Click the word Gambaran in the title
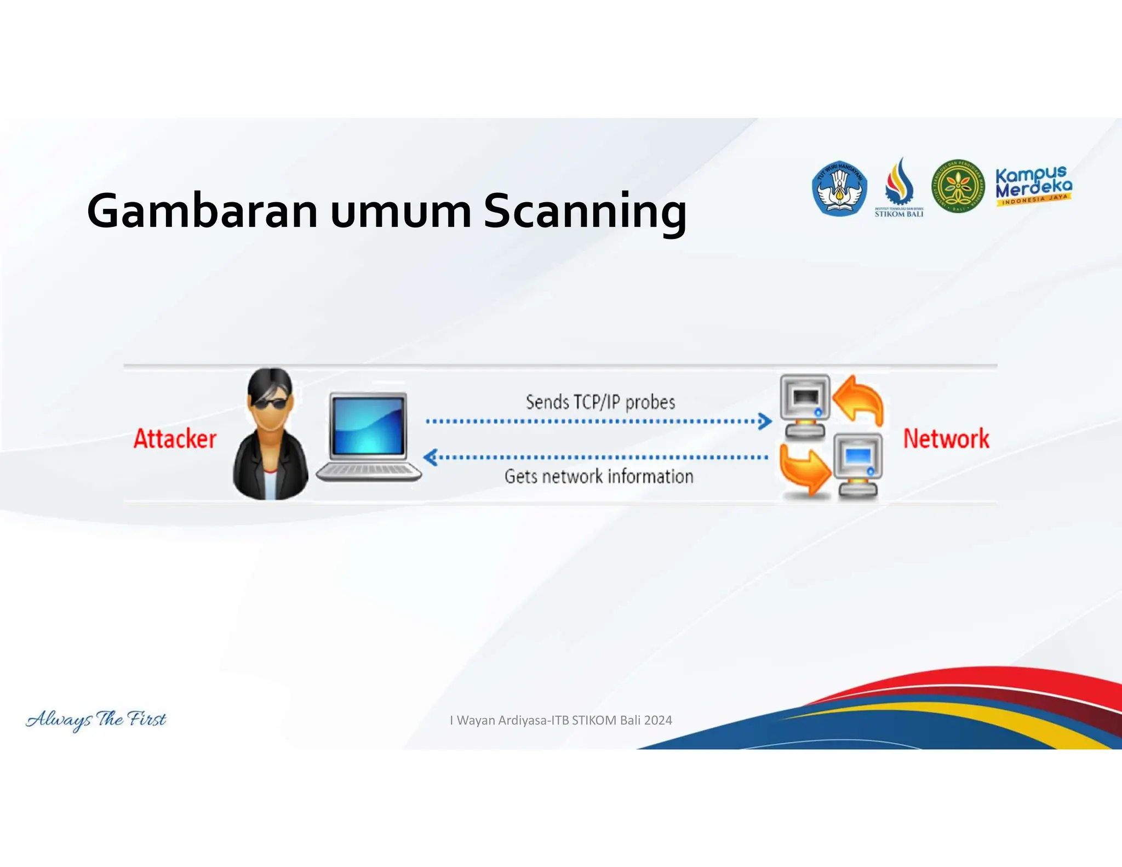[202, 212]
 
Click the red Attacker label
[175, 439]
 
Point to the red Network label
[946, 439]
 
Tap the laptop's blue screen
[368, 426]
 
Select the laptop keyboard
[368, 470]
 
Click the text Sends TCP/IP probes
[600, 402]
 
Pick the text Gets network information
[599, 476]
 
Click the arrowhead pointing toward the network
[765, 421]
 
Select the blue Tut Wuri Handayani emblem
[839, 188]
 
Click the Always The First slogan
[96, 720]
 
